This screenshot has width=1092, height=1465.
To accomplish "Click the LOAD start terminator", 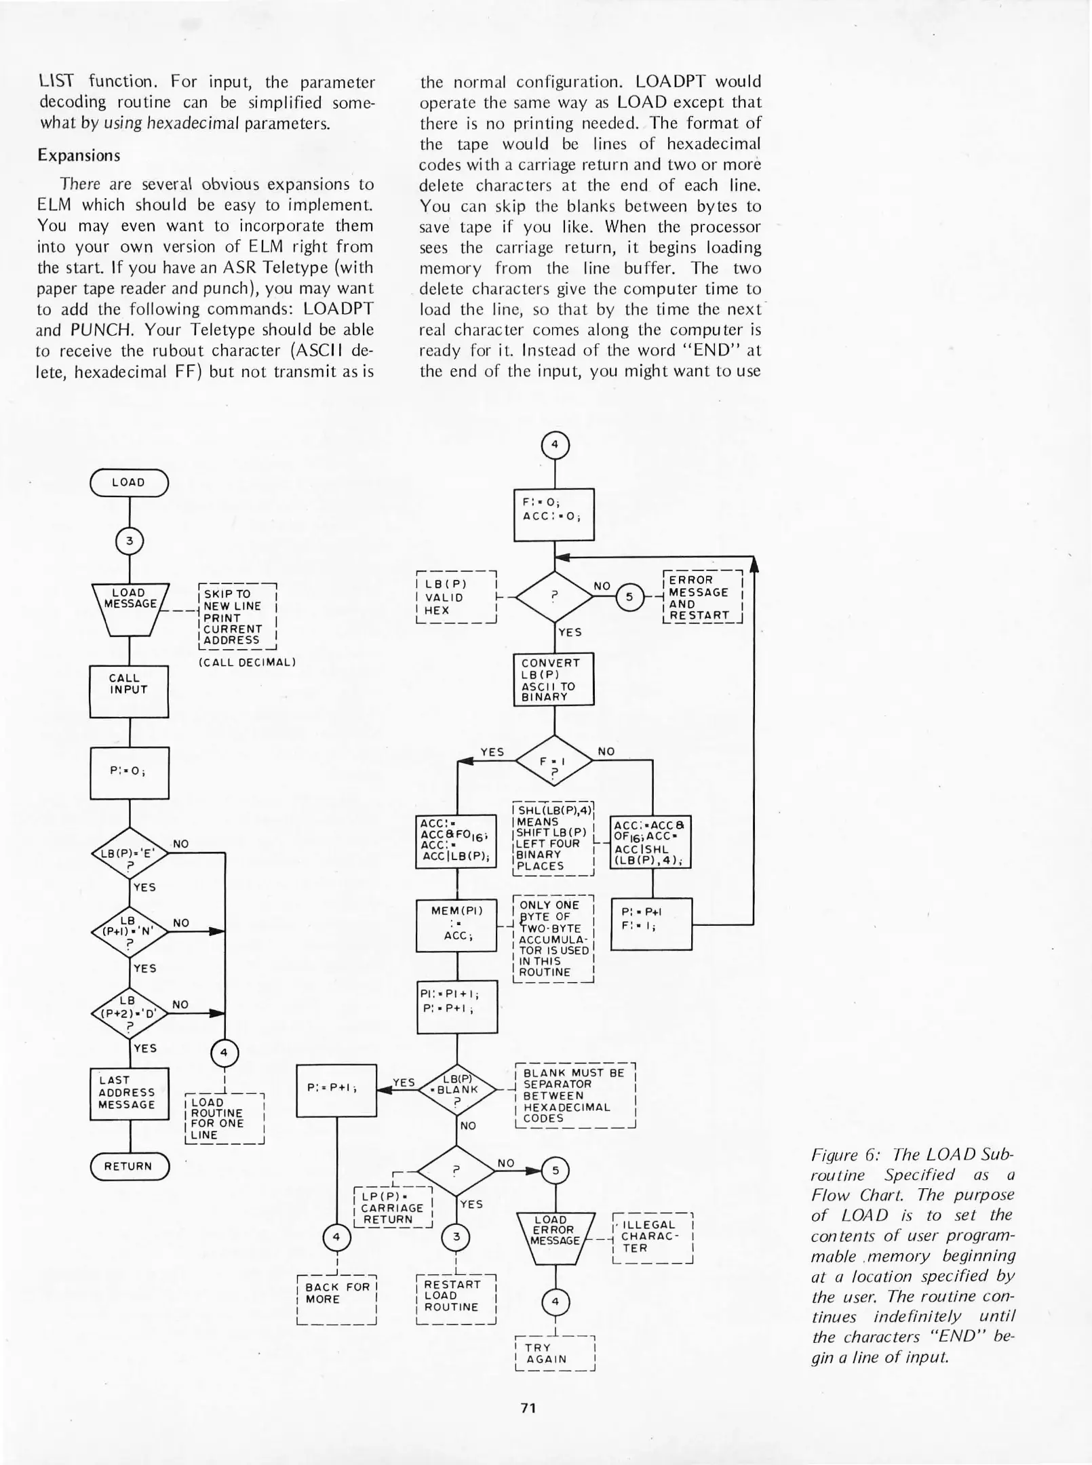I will click(129, 482).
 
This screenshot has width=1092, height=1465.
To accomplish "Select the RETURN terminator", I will click(129, 1166).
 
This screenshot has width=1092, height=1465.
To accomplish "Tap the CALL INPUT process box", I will click(129, 691).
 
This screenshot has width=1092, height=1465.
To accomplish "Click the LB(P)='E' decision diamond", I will click(129, 853).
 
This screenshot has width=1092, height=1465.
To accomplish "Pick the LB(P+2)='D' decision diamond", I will click(129, 1013).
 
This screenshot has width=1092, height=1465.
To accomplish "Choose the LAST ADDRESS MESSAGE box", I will click(129, 1093).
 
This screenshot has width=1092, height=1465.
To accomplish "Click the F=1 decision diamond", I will click(554, 761).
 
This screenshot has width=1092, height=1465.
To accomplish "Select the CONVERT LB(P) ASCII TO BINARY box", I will click(553, 679).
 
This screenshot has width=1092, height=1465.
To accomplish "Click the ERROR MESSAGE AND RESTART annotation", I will click(702, 598).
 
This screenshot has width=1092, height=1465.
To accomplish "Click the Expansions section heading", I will click(79, 155).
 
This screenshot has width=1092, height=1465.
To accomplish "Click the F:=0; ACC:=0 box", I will click(553, 515).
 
